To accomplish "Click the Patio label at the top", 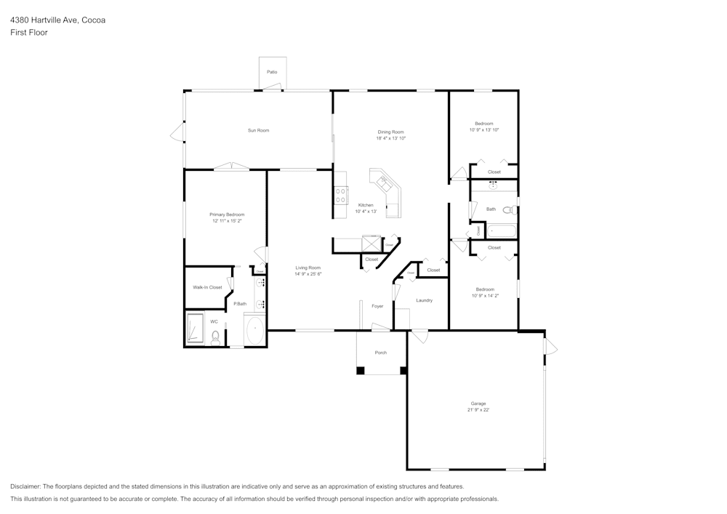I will pos(272,72).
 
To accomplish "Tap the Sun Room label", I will pos(258,131).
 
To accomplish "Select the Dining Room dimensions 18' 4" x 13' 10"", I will pos(390,138).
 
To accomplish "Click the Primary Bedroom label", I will pos(227,214).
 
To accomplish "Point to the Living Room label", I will pos(308,268).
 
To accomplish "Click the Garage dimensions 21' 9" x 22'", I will pos(478,410).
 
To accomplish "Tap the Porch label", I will pos(380,353).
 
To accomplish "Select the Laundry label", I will pos(424,300).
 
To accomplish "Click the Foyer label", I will pos(377,306).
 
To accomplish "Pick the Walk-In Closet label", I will pos(207,287).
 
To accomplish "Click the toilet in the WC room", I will pos(216,337).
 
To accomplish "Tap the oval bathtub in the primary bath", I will pos(255,331).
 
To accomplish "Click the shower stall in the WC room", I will pos(195,328).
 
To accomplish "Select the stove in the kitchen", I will pos(340,194).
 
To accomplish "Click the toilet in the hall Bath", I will pos(508,210).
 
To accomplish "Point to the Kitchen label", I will pos(366,205).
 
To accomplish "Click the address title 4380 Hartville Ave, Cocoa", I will pos(57,20).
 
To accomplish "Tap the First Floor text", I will pos(29,33).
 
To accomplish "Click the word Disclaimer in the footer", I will pos(25,486).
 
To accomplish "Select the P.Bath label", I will pos(240,303).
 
